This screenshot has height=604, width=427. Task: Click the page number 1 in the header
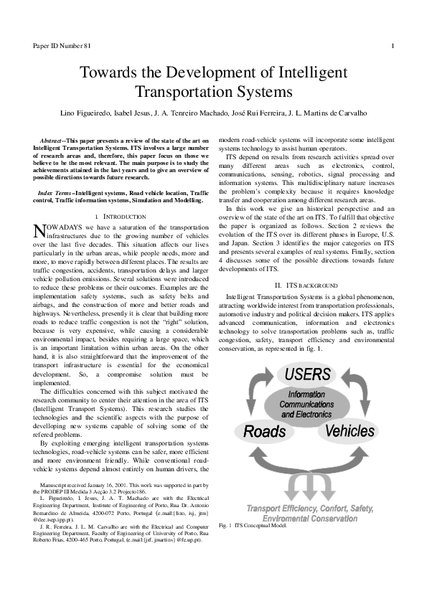click(393, 47)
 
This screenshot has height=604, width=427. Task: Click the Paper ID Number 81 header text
click(62, 47)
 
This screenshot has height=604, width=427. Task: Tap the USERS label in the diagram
click(307, 374)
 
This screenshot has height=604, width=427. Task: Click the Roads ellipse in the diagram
click(264, 431)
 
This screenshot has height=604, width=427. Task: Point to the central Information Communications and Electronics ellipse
click(306, 404)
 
